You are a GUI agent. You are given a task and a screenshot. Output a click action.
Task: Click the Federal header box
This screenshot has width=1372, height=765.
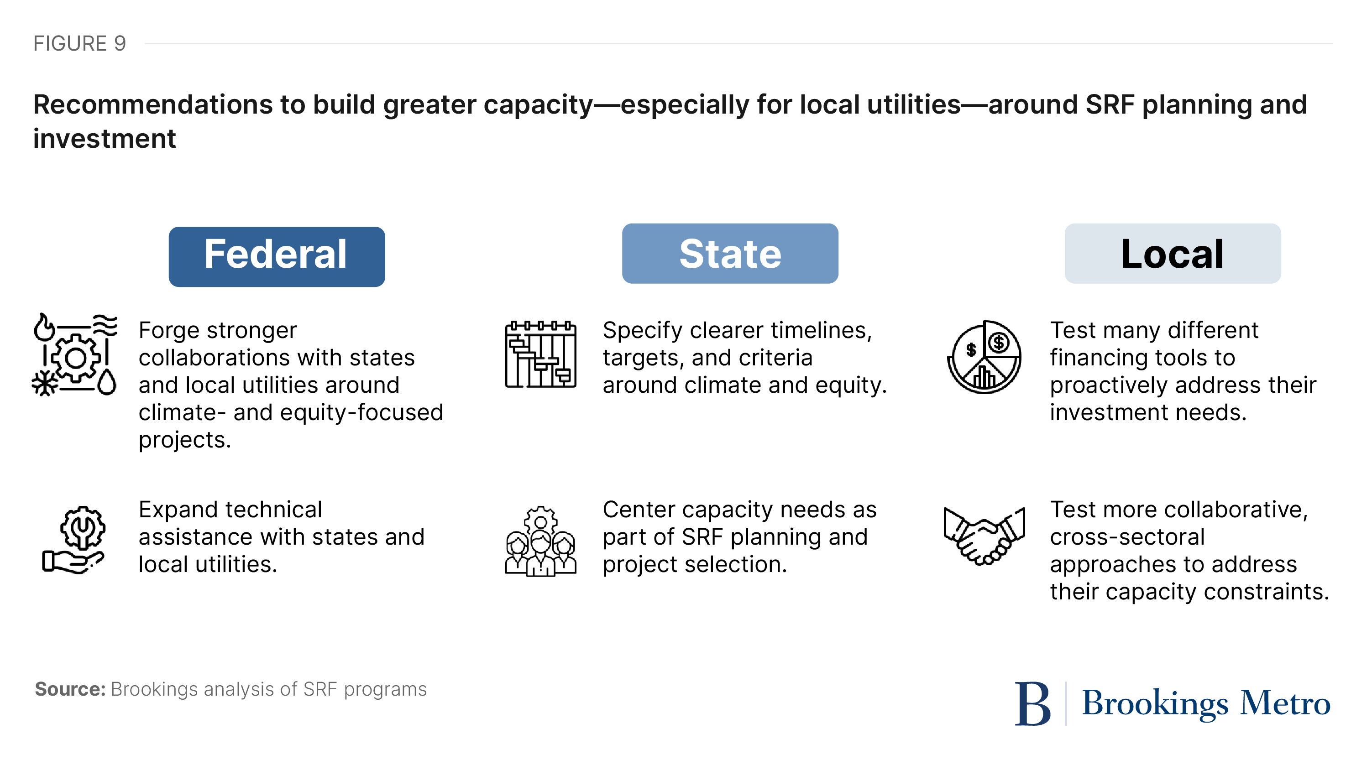277,257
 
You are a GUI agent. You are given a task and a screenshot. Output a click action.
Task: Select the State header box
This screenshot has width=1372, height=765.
730,253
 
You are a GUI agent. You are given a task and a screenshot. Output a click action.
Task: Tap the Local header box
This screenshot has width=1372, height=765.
1172,253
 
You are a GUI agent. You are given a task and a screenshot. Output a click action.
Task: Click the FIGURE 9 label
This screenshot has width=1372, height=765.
79,44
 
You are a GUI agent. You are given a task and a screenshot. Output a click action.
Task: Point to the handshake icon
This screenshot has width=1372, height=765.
984,536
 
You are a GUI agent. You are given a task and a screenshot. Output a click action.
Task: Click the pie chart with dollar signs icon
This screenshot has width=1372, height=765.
984,357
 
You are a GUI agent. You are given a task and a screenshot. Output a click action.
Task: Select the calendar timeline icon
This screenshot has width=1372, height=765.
540,354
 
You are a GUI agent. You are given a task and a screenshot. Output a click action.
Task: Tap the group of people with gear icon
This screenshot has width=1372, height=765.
540,541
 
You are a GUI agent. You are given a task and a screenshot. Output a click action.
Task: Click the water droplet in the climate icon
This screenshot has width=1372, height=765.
107,382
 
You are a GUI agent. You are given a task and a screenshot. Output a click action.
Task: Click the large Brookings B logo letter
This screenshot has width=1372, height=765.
1032,704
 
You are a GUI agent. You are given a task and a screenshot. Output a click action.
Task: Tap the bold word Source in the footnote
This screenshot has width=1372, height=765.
70,689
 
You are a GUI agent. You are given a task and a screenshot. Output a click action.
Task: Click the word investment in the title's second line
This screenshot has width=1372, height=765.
105,139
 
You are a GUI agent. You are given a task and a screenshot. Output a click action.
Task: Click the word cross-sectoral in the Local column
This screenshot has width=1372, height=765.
1126,536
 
